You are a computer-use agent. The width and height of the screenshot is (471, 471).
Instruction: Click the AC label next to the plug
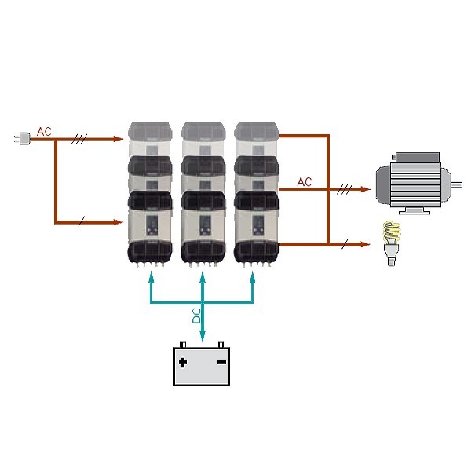point(44,132)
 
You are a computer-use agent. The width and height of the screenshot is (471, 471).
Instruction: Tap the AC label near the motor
point(305,182)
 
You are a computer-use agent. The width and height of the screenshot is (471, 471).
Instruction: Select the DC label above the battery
point(196,316)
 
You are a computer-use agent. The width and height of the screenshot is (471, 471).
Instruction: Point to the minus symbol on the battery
point(221,363)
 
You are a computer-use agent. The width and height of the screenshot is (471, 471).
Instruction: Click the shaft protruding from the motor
point(455,185)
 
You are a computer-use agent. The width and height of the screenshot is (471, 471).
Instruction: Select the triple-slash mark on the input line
point(79,139)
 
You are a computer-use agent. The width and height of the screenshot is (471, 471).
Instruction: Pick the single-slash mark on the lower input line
point(81,222)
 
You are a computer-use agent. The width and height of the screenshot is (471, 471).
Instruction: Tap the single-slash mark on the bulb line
point(345,245)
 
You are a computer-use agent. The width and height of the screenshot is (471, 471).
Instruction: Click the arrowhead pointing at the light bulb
point(364,245)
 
